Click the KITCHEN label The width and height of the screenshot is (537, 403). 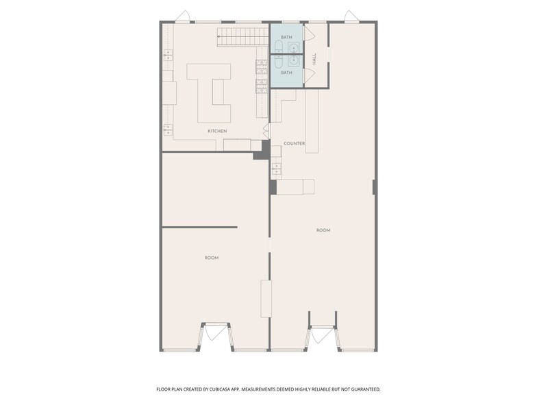point(217,131)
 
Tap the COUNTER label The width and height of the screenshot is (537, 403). point(294,143)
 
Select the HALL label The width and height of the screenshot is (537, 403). point(314,60)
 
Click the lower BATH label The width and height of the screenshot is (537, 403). point(286,72)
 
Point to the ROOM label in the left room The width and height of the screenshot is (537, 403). point(212,258)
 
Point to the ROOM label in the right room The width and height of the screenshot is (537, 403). point(323,230)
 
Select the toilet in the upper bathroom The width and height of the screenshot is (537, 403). point(279,47)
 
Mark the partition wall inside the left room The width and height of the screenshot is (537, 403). point(199,227)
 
